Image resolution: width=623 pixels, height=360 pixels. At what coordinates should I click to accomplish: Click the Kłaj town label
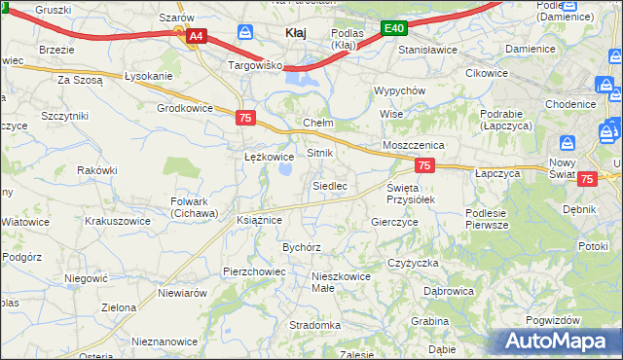coord(295,33)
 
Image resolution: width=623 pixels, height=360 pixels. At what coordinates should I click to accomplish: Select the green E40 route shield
coord(393,29)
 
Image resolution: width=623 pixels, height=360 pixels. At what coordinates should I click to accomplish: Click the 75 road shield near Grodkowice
coord(246,117)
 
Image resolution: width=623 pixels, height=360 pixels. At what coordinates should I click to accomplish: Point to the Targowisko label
coord(254,65)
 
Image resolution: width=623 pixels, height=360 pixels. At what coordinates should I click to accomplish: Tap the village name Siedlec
coord(329,185)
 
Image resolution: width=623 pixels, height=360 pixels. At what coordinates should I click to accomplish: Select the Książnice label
coord(259,220)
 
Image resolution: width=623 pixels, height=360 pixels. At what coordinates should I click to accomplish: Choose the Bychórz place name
coord(302,247)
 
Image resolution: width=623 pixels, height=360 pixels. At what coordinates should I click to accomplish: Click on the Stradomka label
coord(314,325)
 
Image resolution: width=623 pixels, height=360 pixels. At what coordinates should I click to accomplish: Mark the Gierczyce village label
coord(394,222)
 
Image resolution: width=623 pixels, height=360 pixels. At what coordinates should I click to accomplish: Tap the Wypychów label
coord(400,90)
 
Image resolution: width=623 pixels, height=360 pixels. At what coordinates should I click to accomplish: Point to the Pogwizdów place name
coord(552,320)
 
